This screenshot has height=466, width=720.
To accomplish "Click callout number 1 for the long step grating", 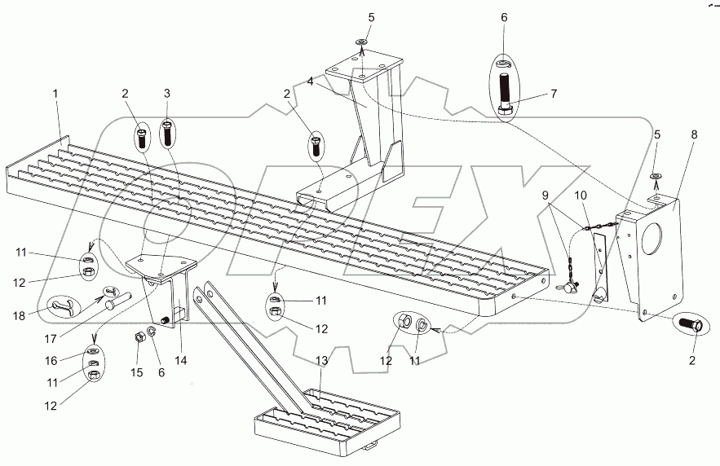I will coord(55,94).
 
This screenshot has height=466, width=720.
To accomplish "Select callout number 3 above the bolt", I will coord(167,94).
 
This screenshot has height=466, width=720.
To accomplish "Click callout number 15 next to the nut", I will coord(136,371).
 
